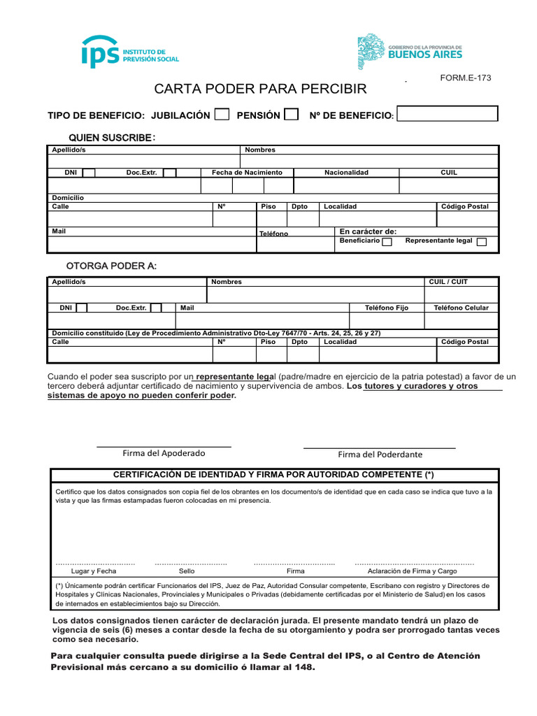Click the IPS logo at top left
pos(130,52)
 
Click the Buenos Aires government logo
pos(410,52)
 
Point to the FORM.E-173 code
pos(465,78)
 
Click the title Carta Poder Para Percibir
pos(260,89)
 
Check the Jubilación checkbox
pos(222,115)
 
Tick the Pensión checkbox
pos(292,115)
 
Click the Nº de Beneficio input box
pos(447,114)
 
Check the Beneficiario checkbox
pos(387,242)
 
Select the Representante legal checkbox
pos(482,242)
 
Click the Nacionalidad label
pos(346,173)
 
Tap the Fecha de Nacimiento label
pos(247,173)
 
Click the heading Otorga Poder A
pos(111,266)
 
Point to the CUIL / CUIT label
pos(448,282)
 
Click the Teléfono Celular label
pos(461,308)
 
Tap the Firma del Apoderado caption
pos(164,453)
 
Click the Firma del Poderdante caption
pos(380,454)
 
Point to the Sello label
pos(187,571)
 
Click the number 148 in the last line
pos(304,668)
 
